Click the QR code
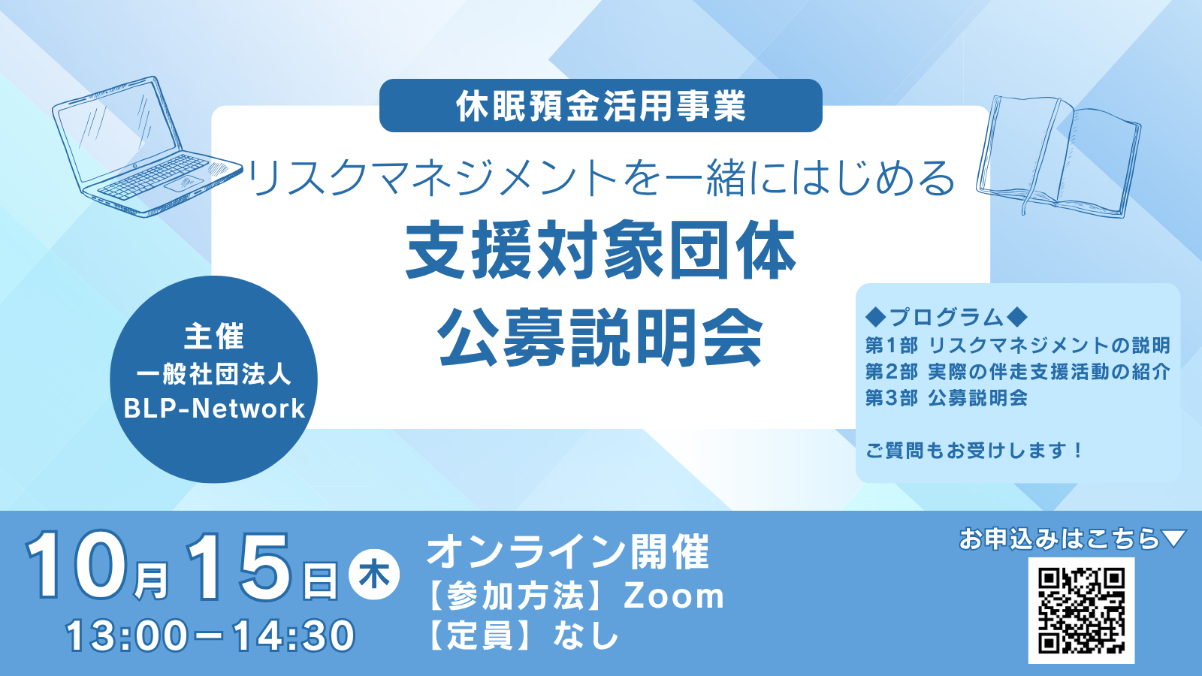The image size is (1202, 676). point(1081,611)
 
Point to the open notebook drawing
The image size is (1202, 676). point(1058,156)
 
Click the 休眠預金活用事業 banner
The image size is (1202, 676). point(600,106)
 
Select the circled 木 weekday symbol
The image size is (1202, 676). point(374,577)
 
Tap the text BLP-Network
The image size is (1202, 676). point(214,409)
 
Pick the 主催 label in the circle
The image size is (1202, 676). point(214,336)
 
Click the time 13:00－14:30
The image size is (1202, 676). point(210,635)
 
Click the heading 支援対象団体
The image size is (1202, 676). point(600,251)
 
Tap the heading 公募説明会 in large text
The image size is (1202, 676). point(600,337)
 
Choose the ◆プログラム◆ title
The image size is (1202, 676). point(946,317)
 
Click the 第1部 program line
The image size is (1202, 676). point(1017,346)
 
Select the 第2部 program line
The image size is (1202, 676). point(1017,372)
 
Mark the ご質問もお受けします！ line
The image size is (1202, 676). point(974,451)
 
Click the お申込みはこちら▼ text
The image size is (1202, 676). point(1071,539)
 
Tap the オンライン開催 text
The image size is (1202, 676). point(568,552)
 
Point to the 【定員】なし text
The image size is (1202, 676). point(523,635)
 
